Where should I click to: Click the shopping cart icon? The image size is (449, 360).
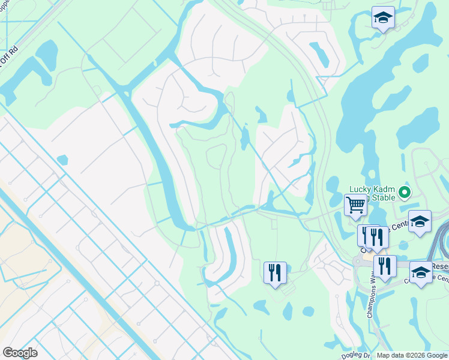[x=355, y=205]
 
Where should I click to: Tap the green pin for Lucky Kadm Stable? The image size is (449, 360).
[x=404, y=193]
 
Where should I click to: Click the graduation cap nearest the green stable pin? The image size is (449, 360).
[x=420, y=221]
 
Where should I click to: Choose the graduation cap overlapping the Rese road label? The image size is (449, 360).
[x=421, y=272]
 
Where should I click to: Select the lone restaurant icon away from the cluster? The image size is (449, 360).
[x=275, y=272]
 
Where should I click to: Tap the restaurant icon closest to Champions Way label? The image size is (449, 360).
[x=384, y=265]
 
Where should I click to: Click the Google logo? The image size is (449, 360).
[x=20, y=353]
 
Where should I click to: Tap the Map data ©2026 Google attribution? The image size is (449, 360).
[x=412, y=355]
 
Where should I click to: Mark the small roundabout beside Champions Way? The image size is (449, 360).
[x=362, y=262]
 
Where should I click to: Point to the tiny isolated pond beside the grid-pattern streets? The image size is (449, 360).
[x=62, y=160]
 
